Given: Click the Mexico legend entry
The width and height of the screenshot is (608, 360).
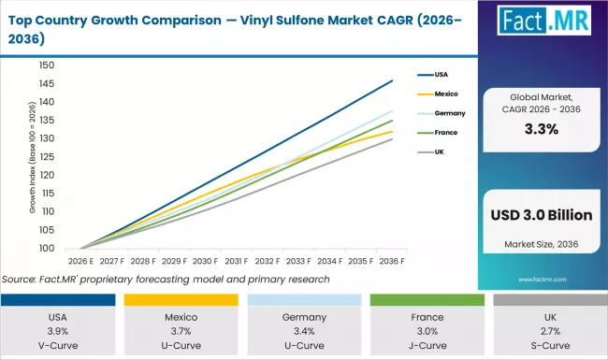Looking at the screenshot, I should click(x=443, y=94).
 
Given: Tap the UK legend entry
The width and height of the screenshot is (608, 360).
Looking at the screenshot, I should click(x=438, y=151).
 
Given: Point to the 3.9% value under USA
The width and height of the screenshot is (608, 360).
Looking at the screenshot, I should click(x=59, y=332).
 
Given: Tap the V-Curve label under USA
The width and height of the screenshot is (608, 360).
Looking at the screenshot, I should click(x=59, y=346).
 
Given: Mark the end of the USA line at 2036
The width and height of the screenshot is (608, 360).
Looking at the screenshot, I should click(x=391, y=80).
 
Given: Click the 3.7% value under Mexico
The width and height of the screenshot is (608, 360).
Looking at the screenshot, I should click(x=181, y=332).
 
